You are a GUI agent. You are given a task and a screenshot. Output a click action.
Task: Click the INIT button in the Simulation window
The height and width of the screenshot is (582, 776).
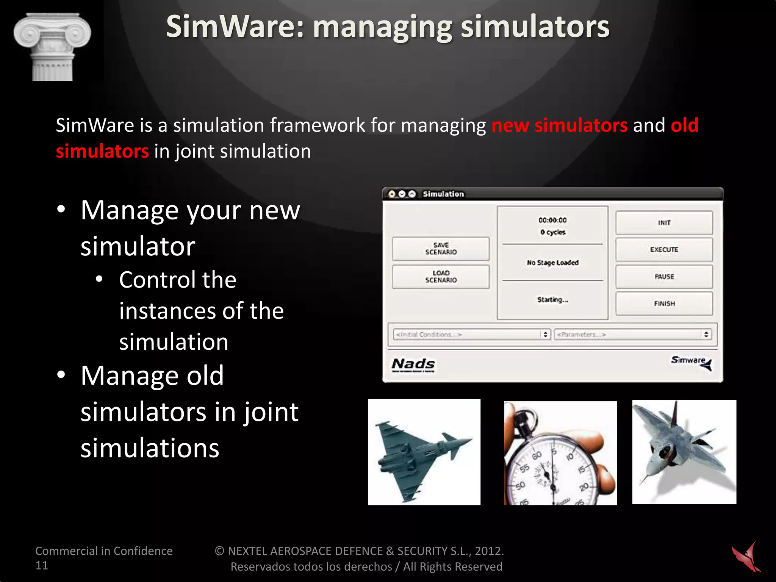click(x=664, y=223)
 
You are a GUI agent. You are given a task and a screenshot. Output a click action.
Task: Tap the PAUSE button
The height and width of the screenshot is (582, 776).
click(x=664, y=277)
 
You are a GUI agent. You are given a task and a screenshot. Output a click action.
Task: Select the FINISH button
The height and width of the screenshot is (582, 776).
click(x=664, y=304)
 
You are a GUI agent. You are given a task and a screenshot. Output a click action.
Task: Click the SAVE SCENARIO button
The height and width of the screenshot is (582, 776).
click(x=441, y=249)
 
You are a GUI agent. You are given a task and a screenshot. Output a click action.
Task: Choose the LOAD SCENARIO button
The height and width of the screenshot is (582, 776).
click(x=441, y=277)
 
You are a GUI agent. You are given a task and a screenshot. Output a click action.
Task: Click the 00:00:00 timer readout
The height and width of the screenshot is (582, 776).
click(x=552, y=220)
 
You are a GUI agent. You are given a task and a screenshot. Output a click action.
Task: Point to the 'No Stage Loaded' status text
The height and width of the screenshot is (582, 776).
click(x=552, y=263)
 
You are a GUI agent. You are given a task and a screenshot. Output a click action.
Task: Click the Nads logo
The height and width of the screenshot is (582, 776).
click(x=413, y=365)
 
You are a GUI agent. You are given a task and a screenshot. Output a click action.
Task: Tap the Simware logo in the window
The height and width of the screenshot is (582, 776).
click(x=691, y=362)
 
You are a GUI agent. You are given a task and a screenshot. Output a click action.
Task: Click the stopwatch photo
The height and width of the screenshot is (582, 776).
click(x=560, y=453)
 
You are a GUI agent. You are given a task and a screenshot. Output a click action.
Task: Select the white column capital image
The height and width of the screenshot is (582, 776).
click(x=52, y=47)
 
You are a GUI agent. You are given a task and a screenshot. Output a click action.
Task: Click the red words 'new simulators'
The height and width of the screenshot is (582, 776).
click(x=559, y=125)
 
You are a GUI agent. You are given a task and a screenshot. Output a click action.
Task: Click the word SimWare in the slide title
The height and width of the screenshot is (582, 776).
click(x=235, y=27)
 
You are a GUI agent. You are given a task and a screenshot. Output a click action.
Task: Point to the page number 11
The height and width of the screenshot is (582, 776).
click(x=42, y=565)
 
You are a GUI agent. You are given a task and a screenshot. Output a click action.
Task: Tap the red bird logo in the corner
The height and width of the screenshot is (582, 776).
click(x=746, y=557)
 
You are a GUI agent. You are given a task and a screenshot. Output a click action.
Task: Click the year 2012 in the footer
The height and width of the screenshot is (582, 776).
click(x=488, y=551)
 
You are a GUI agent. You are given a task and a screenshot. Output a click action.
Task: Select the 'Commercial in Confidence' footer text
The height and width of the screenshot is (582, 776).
click(x=104, y=551)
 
